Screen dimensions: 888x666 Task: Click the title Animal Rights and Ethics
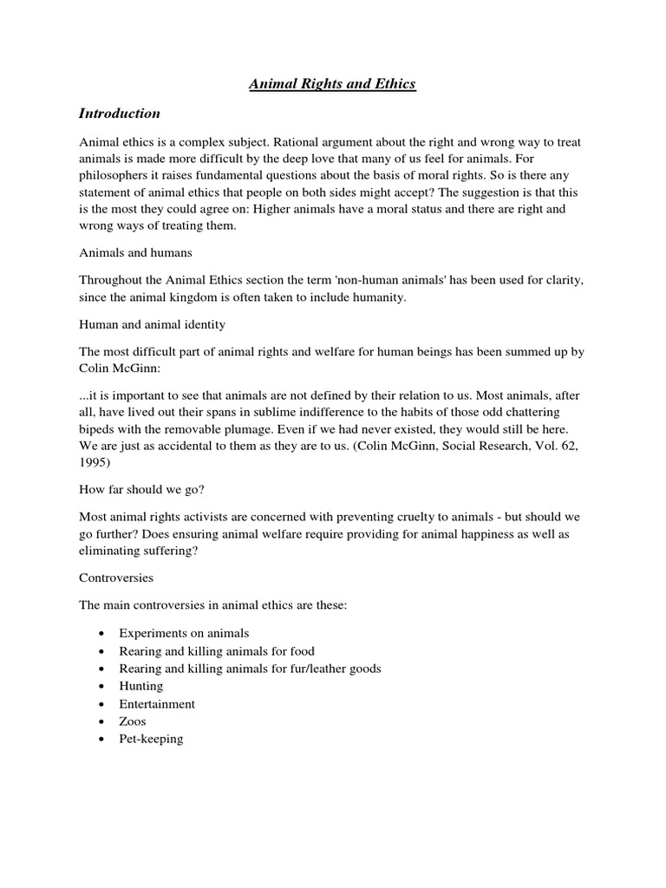[x=333, y=83]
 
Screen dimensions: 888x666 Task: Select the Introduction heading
[x=120, y=114]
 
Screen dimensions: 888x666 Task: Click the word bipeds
[x=100, y=430]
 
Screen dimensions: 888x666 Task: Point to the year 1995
[x=95, y=464]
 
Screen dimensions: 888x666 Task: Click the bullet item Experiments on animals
[x=185, y=634]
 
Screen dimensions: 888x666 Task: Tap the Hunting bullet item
[x=141, y=686]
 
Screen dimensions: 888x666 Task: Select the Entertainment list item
[x=158, y=704]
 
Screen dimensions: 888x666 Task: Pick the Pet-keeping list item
[x=152, y=739]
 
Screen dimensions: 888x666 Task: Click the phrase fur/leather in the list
[x=313, y=669]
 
